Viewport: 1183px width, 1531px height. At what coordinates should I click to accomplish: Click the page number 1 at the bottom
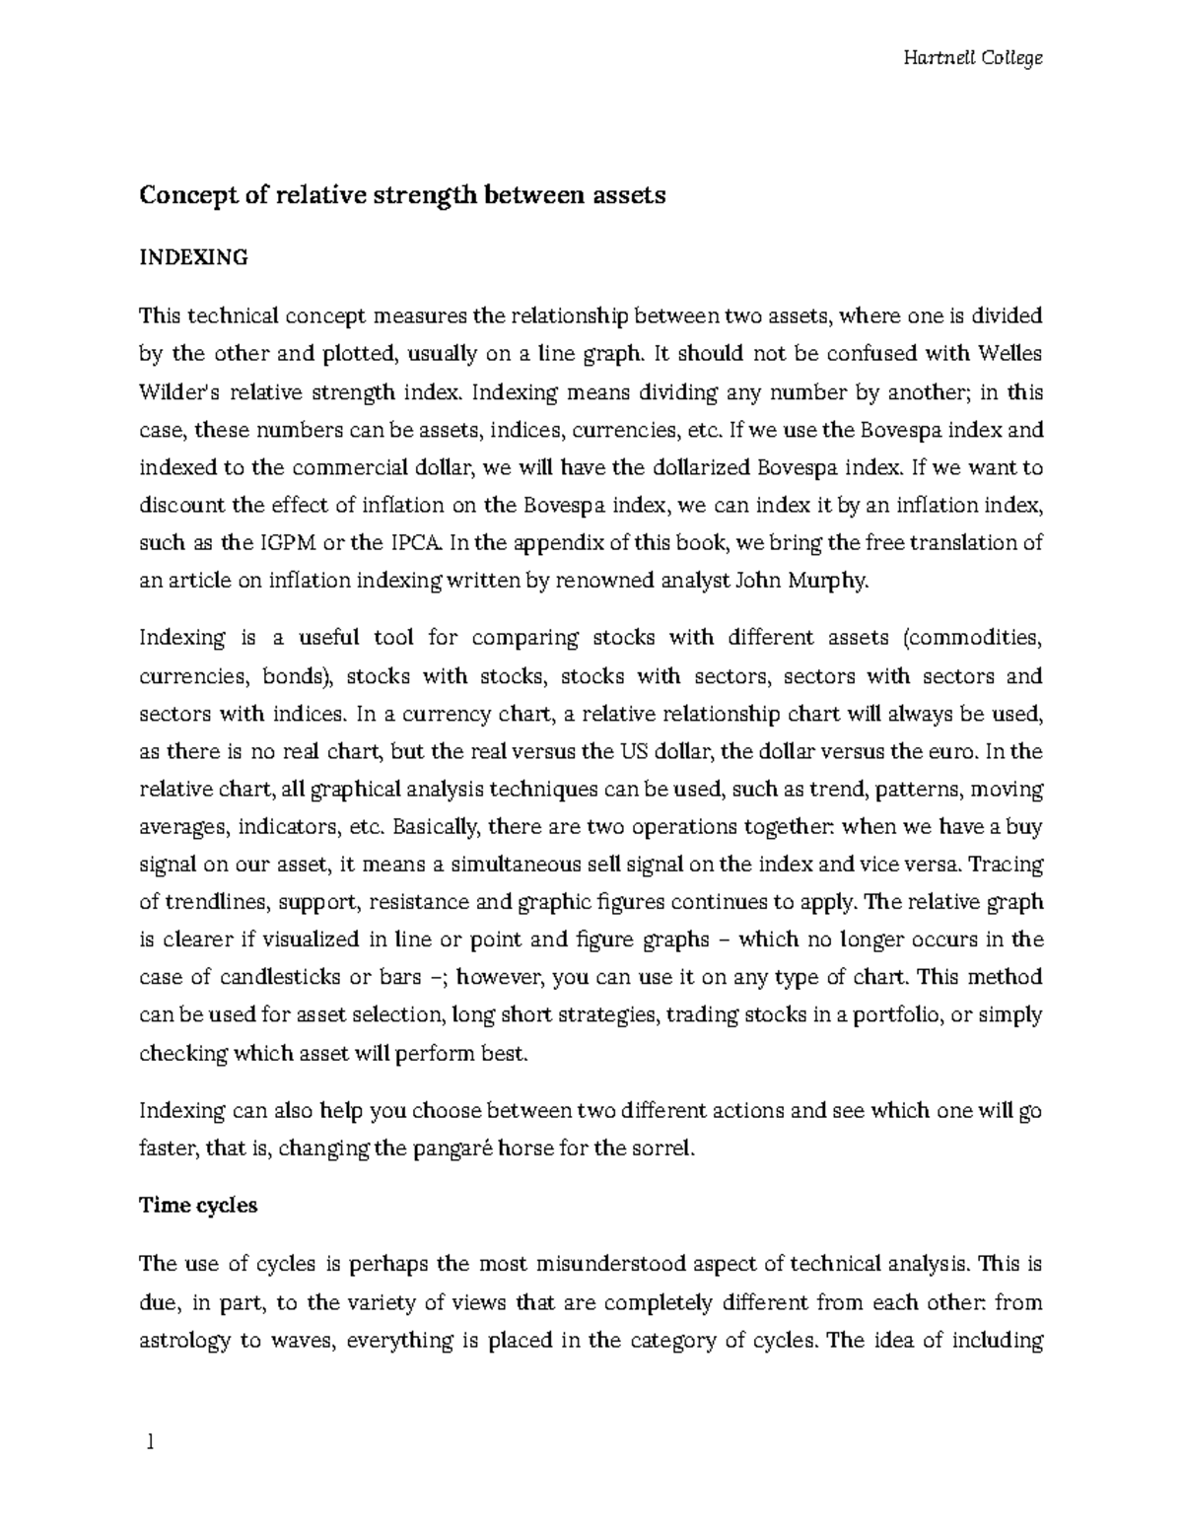pyautogui.click(x=150, y=1443)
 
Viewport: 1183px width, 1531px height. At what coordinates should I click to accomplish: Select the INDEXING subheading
pyautogui.click(x=193, y=258)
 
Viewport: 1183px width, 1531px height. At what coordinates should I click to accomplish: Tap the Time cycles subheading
pyautogui.click(x=198, y=1206)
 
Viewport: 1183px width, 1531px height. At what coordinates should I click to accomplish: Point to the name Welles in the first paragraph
pyautogui.click(x=1010, y=354)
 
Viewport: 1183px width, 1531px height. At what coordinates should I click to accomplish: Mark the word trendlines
pyautogui.click(x=216, y=902)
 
